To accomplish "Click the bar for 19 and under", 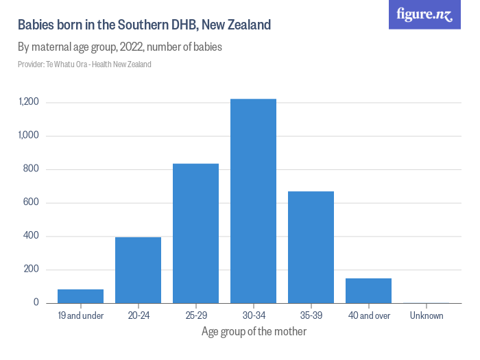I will tap(80, 296).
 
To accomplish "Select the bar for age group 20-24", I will tap(138, 270).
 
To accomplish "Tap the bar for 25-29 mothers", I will tap(195, 233).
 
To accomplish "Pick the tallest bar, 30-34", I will tap(253, 201).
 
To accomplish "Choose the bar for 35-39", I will tap(311, 247).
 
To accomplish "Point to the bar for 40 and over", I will tap(368, 291).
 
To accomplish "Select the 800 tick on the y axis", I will tap(32, 169).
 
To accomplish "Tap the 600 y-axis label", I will tap(32, 203).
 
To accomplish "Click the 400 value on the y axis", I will tap(32, 237).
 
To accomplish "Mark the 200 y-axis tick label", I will tap(32, 269).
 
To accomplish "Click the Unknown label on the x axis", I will tap(427, 316).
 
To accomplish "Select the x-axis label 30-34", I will tap(253, 316).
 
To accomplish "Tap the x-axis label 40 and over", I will tap(368, 316).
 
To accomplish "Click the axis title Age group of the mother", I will tap(254, 332).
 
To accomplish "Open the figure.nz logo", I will tap(424, 14).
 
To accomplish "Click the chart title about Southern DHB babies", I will tap(145, 25).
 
